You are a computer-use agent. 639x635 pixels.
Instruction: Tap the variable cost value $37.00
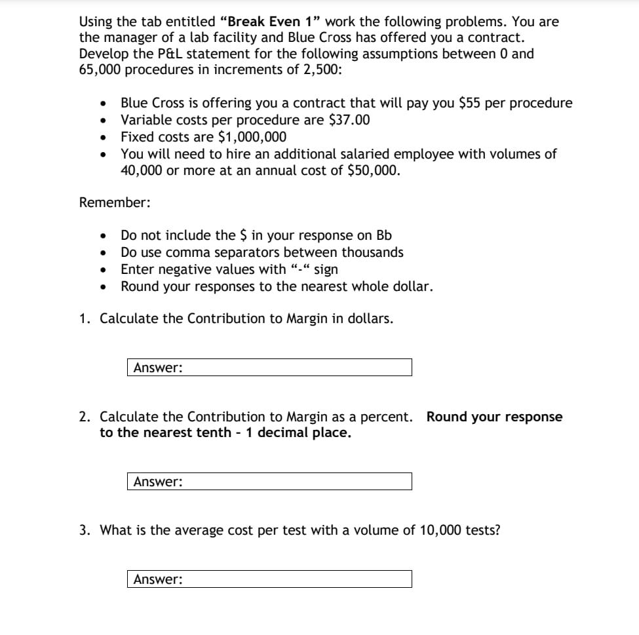click(350, 120)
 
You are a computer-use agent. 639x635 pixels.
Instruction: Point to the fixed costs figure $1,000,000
click(252, 137)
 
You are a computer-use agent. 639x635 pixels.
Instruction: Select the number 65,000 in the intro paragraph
click(100, 70)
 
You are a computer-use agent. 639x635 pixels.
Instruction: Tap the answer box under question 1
click(269, 368)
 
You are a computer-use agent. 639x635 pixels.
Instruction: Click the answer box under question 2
click(269, 482)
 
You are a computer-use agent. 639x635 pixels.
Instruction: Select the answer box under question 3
click(269, 579)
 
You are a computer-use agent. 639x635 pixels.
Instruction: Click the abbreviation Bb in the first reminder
click(384, 235)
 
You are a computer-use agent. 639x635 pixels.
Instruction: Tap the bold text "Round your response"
click(494, 417)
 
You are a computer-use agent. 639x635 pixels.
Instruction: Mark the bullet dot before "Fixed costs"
click(102, 138)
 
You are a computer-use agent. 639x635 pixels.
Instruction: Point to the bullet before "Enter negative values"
click(102, 270)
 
